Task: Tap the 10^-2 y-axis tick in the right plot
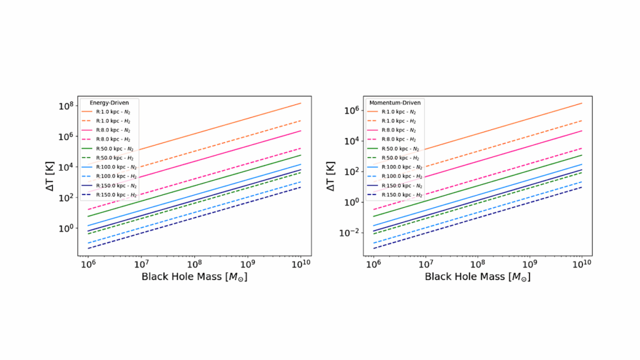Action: pos(351,232)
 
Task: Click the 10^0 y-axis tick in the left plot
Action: pos(67,228)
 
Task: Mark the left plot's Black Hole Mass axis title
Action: pos(194,276)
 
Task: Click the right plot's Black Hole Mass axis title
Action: pos(478,276)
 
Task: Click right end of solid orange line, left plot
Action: pos(301,103)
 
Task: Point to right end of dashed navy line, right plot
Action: pos(582,187)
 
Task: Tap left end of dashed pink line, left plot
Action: pos(88,209)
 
